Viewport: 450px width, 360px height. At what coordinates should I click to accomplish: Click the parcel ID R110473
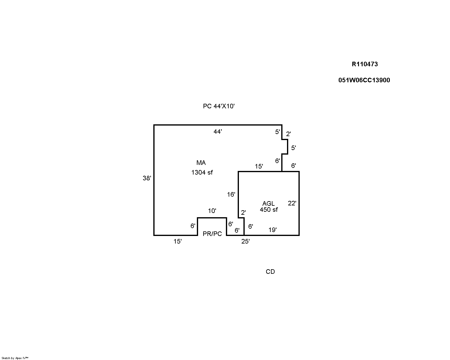(365, 64)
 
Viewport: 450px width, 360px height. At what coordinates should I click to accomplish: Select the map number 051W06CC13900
(364, 80)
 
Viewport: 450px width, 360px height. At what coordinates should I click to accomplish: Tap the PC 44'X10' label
(219, 106)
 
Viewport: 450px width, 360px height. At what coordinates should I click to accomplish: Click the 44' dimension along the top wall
(217, 132)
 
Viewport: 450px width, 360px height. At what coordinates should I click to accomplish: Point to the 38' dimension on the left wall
(147, 178)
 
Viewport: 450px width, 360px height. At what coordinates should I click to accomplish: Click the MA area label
(201, 162)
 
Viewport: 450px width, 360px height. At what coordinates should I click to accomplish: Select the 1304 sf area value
(202, 172)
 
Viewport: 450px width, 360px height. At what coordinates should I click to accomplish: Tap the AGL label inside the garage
(268, 203)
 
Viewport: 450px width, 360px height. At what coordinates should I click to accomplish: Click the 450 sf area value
(269, 210)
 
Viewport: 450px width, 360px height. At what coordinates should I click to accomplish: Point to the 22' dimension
(292, 203)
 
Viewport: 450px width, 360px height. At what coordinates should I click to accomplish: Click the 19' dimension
(272, 230)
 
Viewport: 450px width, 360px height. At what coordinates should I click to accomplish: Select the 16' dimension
(231, 195)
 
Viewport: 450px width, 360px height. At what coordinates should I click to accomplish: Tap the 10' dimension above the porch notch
(212, 211)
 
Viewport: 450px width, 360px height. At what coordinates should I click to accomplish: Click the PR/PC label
(212, 234)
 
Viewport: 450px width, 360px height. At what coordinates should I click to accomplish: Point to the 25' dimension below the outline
(246, 241)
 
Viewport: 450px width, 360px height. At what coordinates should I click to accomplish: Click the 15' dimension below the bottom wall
(178, 241)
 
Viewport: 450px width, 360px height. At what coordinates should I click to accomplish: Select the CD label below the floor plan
(270, 272)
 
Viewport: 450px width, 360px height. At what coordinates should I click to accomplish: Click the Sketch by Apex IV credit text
(15, 358)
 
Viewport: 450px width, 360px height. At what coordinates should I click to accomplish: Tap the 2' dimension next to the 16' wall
(243, 213)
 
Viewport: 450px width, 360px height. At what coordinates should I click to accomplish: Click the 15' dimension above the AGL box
(259, 166)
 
